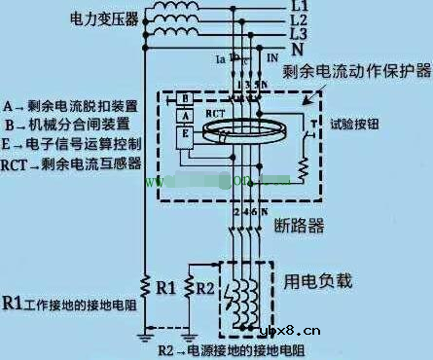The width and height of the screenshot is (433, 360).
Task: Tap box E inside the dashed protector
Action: (x=182, y=136)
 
